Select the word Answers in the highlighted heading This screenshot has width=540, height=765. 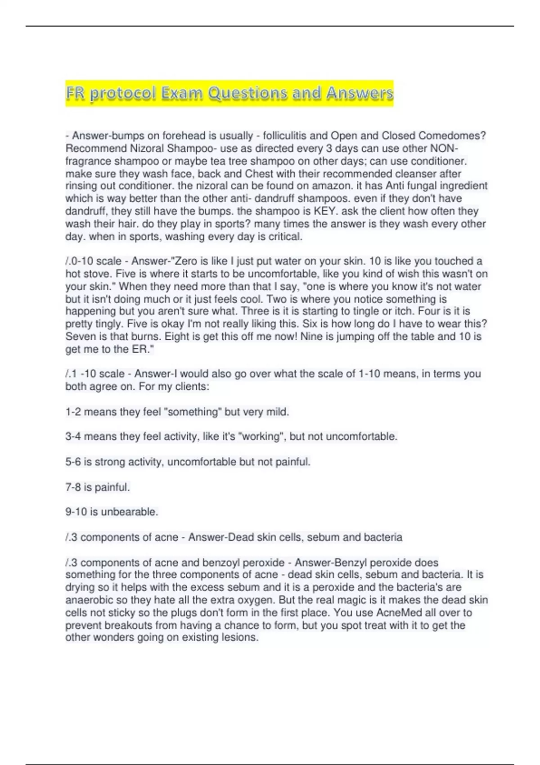click(360, 93)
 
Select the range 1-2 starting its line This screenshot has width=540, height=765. click(73, 412)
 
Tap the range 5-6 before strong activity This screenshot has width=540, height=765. click(73, 462)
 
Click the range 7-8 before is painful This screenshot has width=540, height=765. click(73, 487)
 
